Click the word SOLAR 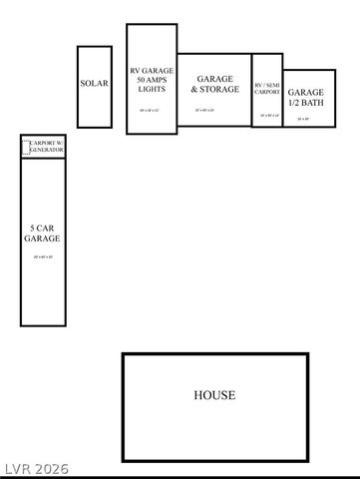[94, 84]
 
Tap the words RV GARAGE [152, 71]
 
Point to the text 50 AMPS [152, 80]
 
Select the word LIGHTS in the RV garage [152, 89]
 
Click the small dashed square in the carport [27, 149]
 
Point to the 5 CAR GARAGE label [44, 234]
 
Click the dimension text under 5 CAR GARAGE [44, 257]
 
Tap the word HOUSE [214, 395]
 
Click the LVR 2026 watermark [33, 467]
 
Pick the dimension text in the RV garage [152, 110]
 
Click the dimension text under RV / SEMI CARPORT [267, 116]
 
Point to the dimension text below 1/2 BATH [303, 119]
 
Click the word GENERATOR [46, 151]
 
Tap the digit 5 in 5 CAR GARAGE [33, 228]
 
